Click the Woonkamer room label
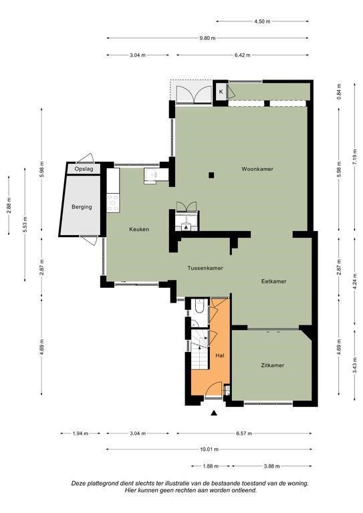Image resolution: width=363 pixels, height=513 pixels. [x=257, y=169]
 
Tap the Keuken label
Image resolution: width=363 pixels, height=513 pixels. [x=139, y=229]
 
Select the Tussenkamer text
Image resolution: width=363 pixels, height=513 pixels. [x=205, y=268]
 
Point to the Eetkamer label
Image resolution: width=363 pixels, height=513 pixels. [x=273, y=281]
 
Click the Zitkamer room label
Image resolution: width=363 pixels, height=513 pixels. [x=272, y=365]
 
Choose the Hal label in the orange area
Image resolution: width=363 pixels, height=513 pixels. [x=220, y=355]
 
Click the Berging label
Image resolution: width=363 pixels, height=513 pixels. [x=82, y=207]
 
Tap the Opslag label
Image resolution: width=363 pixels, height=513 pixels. [x=84, y=169]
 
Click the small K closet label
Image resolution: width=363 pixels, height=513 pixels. [x=221, y=92]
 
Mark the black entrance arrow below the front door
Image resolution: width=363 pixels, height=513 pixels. [x=214, y=413]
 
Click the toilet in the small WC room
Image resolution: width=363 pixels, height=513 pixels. [x=199, y=307]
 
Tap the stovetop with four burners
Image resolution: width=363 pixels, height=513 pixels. [x=113, y=203]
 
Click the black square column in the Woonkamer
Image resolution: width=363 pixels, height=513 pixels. [x=211, y=176]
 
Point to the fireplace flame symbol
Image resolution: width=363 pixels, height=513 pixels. [x=187, y=226]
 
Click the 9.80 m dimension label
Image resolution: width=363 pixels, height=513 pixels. [x=207, y=38]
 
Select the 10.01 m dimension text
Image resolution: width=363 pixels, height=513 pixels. [x=209, y=449]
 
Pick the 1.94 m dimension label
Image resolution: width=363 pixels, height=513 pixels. [x=80, y=434]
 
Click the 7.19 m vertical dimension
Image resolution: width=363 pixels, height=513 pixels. [x=354, y=158]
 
